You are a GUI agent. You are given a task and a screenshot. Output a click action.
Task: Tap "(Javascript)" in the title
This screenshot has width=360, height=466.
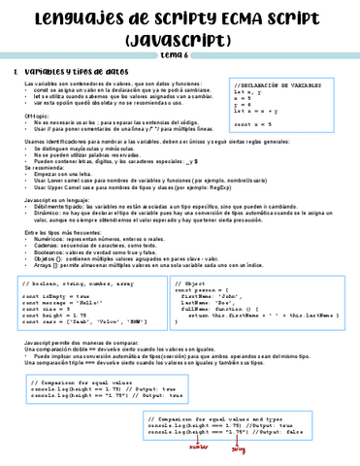tap(180, 38)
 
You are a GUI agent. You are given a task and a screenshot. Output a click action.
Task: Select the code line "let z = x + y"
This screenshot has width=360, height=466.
tap(255, 113)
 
